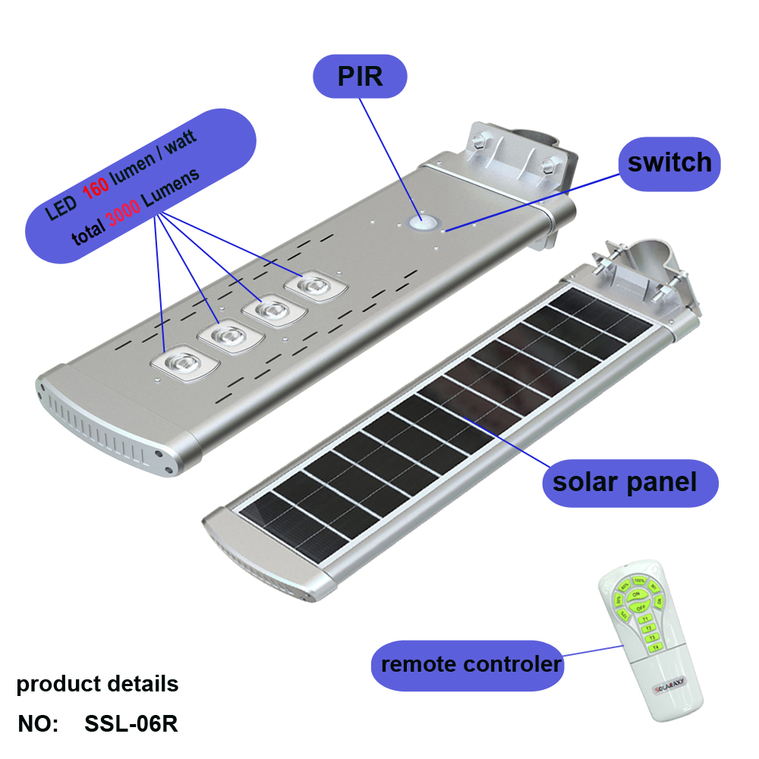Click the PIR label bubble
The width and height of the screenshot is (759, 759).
[360, 77]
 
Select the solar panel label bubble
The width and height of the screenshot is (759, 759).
[624, 482]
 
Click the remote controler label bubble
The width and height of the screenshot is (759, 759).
[471, 665]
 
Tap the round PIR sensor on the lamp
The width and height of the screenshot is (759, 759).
[422, 222]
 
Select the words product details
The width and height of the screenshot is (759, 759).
[97, 684]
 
